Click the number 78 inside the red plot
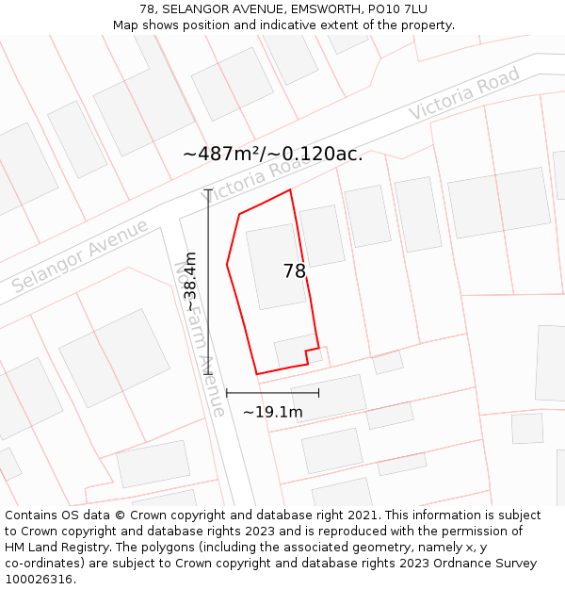pyautogui.click(x=294, y=271)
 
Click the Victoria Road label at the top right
pyautogui.click(x=464, y=93)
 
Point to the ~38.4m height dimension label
pyautogui.click(x=190, y=281)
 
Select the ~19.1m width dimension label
pyautogui.click(x=273, y=412)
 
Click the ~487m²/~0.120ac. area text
pyautogui.click(x=272, y=154)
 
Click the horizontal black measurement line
pyautogui.click(x=272, y=392)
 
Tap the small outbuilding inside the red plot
pyautogui.click(x=296, y=352)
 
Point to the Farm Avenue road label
pyautogui.click(x=200, y=340)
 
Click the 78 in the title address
pyautogui.click(x=147, y=8)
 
